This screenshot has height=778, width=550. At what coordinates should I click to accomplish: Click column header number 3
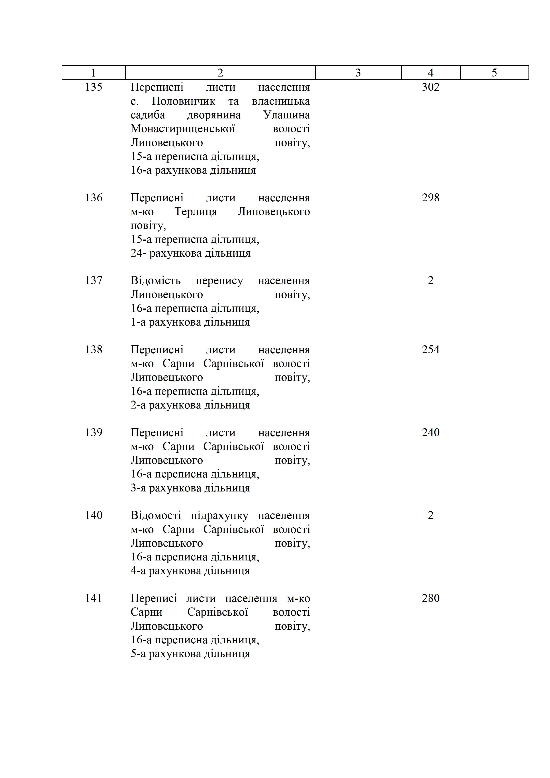coord(358,73)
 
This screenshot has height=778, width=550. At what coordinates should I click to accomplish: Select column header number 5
coord(494,73)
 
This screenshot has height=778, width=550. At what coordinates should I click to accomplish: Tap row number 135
coord(94,87)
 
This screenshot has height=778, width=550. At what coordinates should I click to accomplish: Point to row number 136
coord(94,198)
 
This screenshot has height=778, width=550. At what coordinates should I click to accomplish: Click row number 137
coord(94,280)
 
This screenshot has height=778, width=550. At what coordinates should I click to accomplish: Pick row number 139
coord(94,432)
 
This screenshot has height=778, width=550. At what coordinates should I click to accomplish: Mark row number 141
coord(94,598)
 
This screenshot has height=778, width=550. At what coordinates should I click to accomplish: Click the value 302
coord(431,87)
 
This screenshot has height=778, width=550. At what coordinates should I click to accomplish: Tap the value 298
coord(431,198)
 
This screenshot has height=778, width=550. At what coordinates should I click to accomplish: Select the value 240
coord(431,432)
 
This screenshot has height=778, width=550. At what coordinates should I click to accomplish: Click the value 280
coord(431,598)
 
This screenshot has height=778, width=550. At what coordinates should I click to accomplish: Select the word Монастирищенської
coord(183,129)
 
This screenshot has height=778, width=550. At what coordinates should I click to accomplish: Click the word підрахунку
coord(219,515)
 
